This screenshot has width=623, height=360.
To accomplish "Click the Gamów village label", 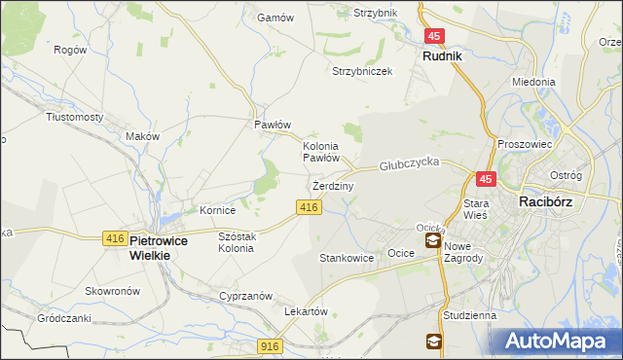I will tap(268, 18).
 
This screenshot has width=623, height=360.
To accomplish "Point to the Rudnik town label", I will tap(442, 56).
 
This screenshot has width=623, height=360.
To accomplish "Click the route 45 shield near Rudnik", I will tap(434, 36).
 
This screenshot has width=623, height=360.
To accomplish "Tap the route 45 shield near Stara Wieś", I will tap(486, 179).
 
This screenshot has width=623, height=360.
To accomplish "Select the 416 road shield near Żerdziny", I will tap(309, 207).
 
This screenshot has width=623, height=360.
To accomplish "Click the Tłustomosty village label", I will tap(75, 117).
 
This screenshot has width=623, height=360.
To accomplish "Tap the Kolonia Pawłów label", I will tap(320, 151).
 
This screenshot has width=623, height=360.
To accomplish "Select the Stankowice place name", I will tap(347, 259).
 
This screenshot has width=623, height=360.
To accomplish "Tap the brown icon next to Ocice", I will tap(432, 240).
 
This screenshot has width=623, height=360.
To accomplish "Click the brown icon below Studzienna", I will tap(432, 341).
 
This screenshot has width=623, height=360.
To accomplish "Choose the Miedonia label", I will tap(533, 83).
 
